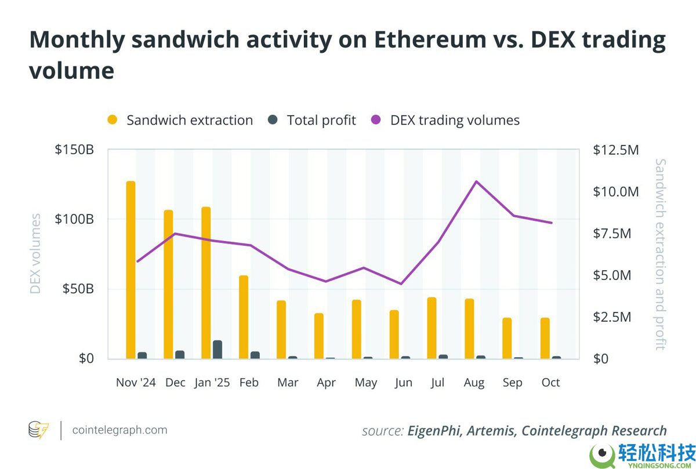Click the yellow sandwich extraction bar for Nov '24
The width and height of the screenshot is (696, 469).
[130, 270]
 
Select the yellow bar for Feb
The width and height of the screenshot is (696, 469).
[244, 317]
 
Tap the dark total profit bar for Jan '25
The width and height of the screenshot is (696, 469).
[217, 350]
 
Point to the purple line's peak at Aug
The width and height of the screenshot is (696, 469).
[476, 181]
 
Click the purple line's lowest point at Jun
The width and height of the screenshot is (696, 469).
[401, 283]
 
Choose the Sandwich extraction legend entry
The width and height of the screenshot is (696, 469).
[180, 120]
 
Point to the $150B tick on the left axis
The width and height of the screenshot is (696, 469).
[74, 150]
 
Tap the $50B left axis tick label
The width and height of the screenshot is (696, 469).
[78, 289]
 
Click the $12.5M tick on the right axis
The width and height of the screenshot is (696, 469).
[616, 150]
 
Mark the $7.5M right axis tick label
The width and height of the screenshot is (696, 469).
[612, 233]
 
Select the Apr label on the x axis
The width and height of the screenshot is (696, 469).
[326, 383]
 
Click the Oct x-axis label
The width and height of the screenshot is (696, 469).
[550, 383]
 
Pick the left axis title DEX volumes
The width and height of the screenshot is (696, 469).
[36, 253]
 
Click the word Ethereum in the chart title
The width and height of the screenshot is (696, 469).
[430, 39]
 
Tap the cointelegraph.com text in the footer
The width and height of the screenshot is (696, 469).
[119, 430]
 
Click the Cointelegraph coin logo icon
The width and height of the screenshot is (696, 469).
[39, 430]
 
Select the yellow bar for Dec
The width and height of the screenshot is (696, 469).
[168, 284]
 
